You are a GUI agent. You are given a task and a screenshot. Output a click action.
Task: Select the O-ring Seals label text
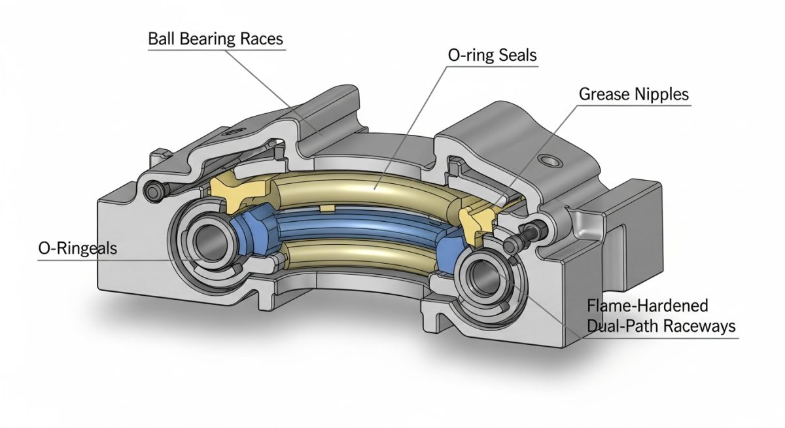[492, 56]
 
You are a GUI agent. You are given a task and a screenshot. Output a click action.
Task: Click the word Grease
[604, 94]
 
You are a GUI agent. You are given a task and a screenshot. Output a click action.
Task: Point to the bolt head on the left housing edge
[154, 191]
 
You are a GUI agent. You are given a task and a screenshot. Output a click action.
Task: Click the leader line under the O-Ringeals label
[98, 260]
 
